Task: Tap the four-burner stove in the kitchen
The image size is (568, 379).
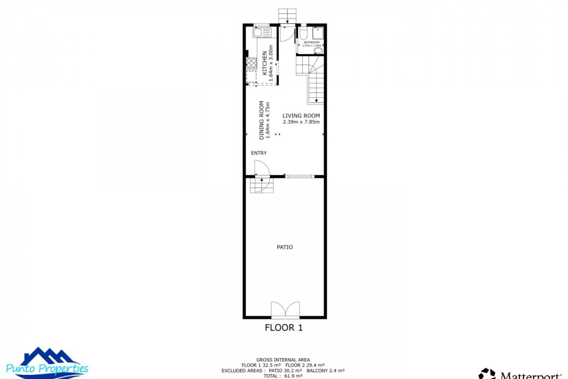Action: click(x=251, y=63)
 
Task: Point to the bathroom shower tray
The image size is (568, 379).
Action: click(x=318, y=33)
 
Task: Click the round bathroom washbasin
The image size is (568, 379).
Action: click(x=318, y=51)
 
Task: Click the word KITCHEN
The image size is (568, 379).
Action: click(x=265, y=63)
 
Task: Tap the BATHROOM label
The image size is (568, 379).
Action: click(x=312, y=42)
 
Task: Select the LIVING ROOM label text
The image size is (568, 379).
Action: click(x=301, y=116)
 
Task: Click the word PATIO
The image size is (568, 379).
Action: click(x=285, y=247)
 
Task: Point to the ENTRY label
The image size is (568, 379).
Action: click(x=259, y=153)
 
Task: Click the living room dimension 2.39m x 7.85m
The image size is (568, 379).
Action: click(x=301, y=122)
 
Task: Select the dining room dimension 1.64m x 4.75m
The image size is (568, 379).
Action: click(x=268, y=120)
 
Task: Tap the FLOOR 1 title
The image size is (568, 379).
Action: click(x=284, y=327)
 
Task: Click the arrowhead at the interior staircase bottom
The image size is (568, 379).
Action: click(x=316, y=101)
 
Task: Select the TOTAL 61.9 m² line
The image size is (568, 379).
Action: click(x=283, y=376)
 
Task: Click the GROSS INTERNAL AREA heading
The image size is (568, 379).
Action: click(x=283, y=360)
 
